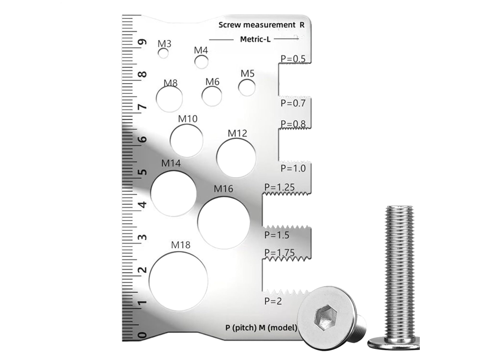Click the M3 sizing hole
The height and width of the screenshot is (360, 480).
tap(163, 53)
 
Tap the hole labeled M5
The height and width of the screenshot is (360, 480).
tap(247, 88)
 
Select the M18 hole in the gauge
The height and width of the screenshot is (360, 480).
tap(179, 281)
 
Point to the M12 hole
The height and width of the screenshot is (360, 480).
tap(236, 157)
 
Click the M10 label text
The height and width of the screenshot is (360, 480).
tap(188, 119)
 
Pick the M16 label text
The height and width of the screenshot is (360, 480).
tap(223, 189)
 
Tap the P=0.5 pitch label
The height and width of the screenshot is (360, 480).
tap(293, 59)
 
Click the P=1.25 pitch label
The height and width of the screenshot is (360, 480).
tap(280, 187)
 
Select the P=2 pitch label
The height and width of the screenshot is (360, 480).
tap(273, 301)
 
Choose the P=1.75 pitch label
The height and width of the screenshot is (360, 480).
tap(280, 253)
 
